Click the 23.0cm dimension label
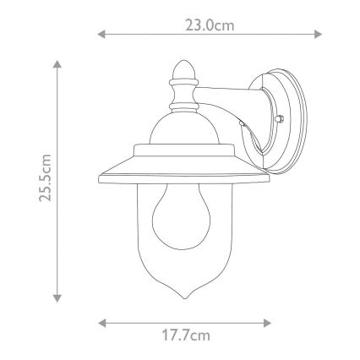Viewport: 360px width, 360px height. pyautogui.click(x=210, y=25)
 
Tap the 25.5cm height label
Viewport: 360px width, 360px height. pyautogui.click(x=46, y=177)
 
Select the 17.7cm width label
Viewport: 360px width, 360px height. pyautogui.click(x=186, y=335)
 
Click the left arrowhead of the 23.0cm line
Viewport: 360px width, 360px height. pyautogui.click(x=101, y=35)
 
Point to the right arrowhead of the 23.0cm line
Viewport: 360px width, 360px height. pyautogui.click(x=318, y=35)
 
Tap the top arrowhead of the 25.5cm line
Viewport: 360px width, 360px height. pyautogui.click(x=57, y=64)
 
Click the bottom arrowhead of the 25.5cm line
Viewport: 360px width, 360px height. pyautogui.click(x=57, y=298)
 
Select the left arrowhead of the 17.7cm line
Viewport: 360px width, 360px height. pyautogui.click(x=101, y=323)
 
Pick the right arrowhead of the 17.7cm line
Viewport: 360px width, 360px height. pyautogui.click(x=267, y=323)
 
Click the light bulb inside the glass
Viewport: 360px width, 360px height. pyautogui.click(x=182, y=217)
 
